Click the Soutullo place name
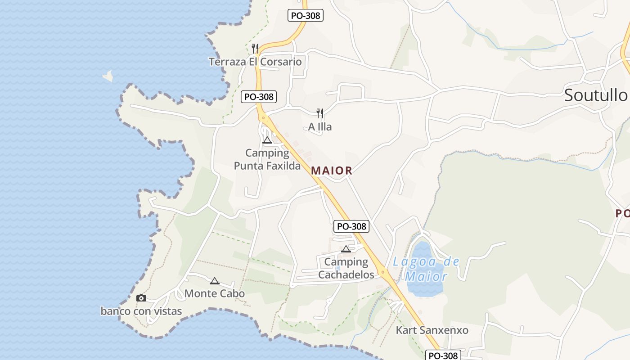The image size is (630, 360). tap(595, 95)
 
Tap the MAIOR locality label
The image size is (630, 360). tap(331, 171)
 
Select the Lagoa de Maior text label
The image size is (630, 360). tap(426, 269)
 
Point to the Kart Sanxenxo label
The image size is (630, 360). tap(432, 330)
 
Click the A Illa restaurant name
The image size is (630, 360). tap(320, 127)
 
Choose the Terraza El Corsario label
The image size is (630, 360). tap(255, 62)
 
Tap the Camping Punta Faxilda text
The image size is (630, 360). tap(267, 159)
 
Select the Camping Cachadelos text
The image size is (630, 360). tap(346, 268)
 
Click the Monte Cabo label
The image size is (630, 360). tap(215, 294)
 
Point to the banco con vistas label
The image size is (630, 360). tap(141, 311)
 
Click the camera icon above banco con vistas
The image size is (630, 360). tap(141, 298)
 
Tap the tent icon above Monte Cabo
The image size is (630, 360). tap(215, 281)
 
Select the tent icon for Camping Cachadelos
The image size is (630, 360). tap(346, 249)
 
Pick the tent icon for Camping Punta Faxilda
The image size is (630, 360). tap(267, 140)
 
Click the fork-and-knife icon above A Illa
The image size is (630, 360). tap(320, 113)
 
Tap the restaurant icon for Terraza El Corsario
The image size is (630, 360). tap(255, 48)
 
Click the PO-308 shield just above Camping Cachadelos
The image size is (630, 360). tap(351, 226)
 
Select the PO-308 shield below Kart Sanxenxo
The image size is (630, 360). tap(443, 355)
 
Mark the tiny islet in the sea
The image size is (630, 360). tap(108, 76)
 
